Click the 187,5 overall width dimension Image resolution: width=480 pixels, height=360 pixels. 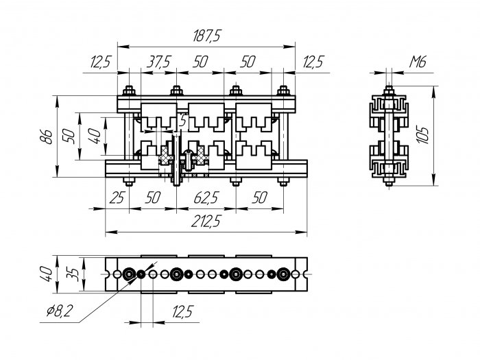click(206, 36)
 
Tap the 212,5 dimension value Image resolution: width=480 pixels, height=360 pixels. click(206, 221)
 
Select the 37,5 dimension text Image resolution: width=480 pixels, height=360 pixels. click(159, 62)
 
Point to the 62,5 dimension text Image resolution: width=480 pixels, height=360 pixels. click(206, 197)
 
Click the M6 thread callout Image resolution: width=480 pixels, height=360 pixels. click(418, 62)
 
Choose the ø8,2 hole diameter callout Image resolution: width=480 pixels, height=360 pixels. click(60, 311)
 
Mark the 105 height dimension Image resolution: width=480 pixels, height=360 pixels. click(423, 135)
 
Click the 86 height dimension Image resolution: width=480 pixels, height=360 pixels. click(46, 136)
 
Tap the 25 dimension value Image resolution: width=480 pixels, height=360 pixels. click(117, 197)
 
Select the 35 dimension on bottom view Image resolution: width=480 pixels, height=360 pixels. click(73, 274)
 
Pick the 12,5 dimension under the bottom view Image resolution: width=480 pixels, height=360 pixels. click(182, 312)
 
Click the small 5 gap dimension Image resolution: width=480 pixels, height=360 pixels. click(182, 121)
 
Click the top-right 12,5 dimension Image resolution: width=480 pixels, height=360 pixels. click(313, 62)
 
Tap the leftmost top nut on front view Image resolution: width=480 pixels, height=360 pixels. click(129, 91)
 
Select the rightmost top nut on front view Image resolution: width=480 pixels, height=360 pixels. click(283, 91)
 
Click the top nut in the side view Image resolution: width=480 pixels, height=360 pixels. click(389, 91)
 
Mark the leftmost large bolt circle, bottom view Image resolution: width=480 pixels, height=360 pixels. click(129, 274)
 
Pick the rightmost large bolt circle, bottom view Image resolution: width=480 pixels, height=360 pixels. click(283, 274)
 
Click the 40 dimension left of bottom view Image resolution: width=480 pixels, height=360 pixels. click(46, 274)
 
